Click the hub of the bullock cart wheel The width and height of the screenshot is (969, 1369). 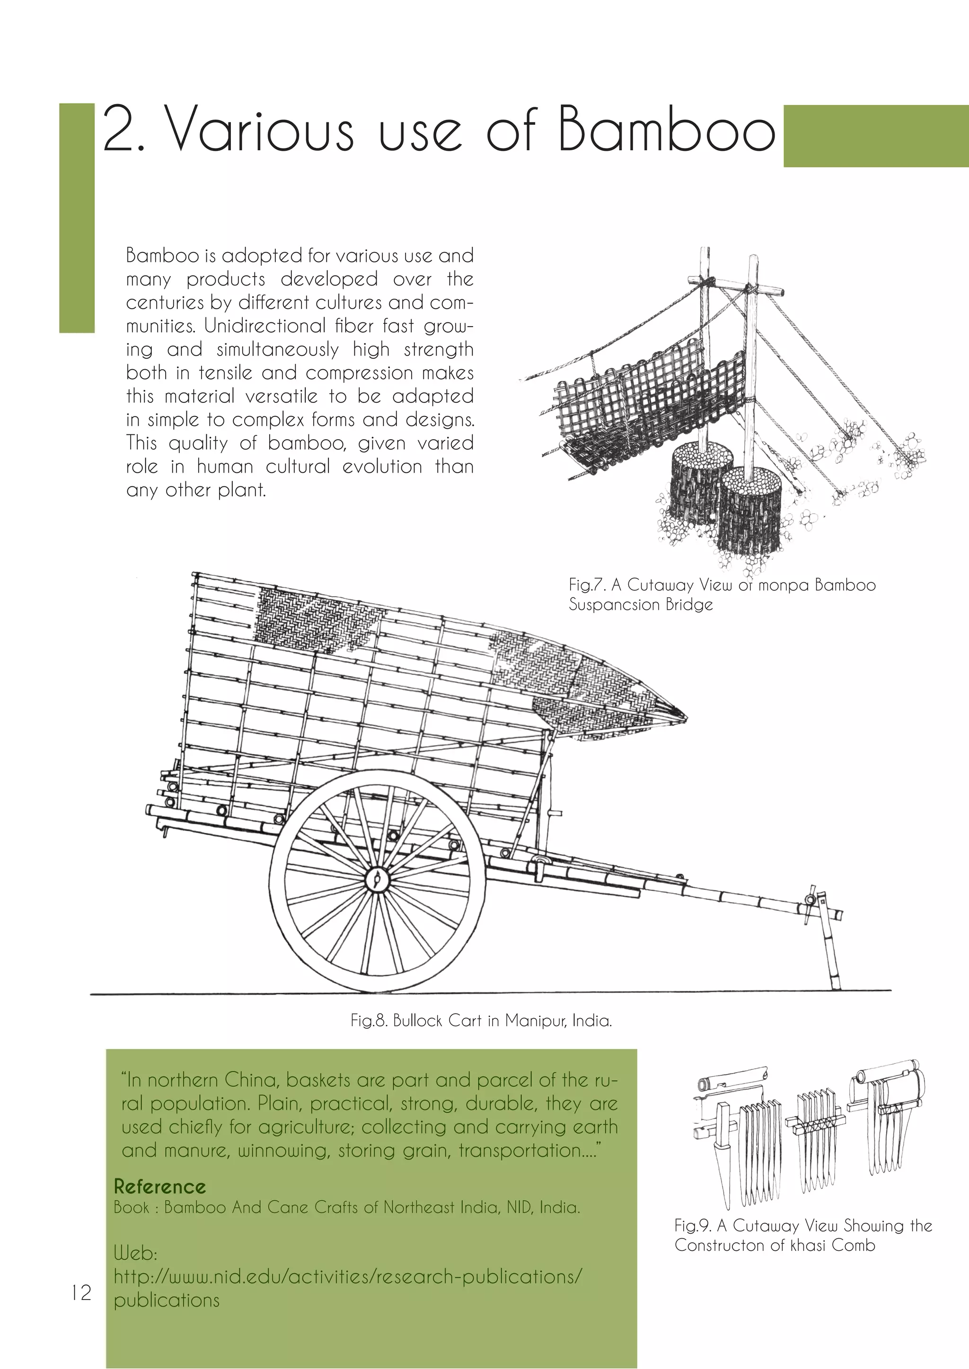coord(377,878)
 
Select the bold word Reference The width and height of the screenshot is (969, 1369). coord(159,1187)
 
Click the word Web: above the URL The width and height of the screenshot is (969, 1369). coord(135,1253)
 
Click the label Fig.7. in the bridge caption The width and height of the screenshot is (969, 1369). coord(587,584)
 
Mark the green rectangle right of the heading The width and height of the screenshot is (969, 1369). coord(875,136)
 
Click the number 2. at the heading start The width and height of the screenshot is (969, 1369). coord(124,130)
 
